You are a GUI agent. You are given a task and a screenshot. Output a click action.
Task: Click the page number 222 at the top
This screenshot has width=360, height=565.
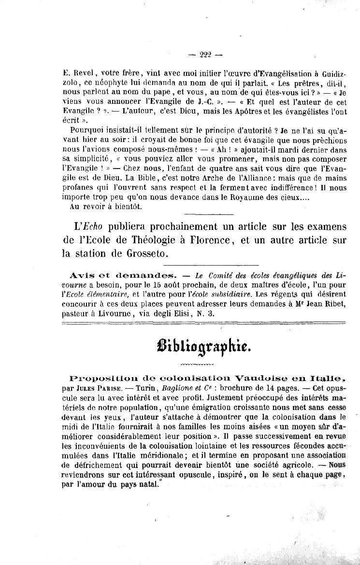click(x=205, y=55)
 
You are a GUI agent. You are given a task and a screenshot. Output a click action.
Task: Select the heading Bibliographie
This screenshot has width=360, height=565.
click(x=204, y=346)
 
